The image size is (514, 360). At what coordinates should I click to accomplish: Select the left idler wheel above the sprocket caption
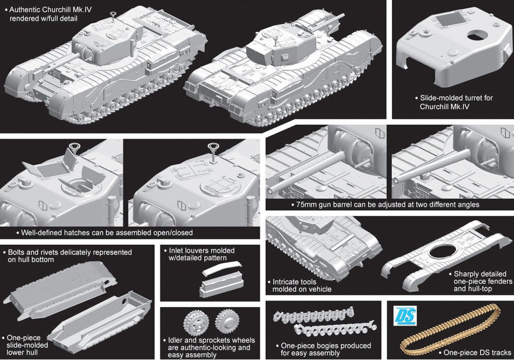(x=194, y=322)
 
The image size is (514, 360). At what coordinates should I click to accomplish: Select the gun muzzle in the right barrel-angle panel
(x=395, y=180)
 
